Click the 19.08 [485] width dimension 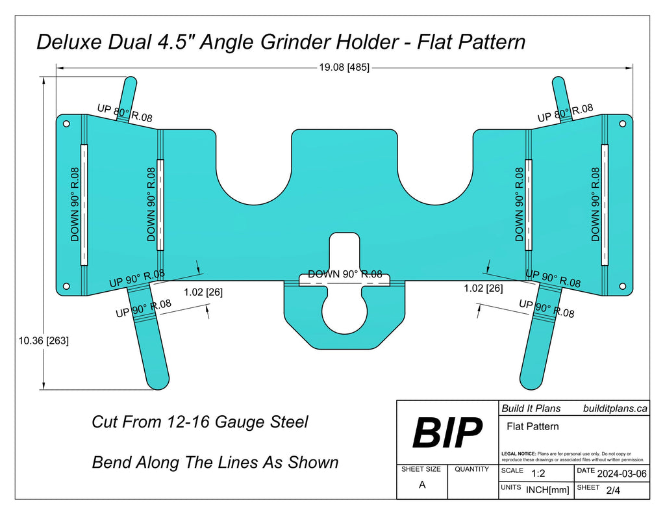[x=344, y=67]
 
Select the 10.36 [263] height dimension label [x=44, y=340]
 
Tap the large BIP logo [x=447, y=433]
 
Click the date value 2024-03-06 [x=621, y=473]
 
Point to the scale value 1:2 [x=538, y=473]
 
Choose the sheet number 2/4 [x=612, y=491]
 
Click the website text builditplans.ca [x=614, y=408]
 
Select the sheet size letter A [x=422, y=485]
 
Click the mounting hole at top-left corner [x=66, y=122]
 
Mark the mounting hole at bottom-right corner [x=622, y=286]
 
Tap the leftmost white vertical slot [x=83, y=204]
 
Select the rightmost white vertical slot [x=605, y=204]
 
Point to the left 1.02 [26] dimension [x=203, y=292]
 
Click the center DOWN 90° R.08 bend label [x=345, y=274]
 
